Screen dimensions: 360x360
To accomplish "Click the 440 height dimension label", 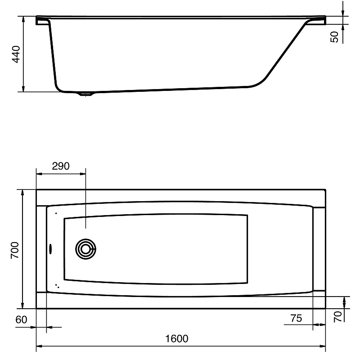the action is [x=16, y=54].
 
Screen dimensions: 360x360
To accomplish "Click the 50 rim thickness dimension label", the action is [x=334, y=37].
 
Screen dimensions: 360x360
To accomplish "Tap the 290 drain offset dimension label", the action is [x=61, y=166].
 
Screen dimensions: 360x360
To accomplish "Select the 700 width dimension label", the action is [x=15, y=250].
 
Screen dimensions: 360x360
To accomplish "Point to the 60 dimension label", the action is [x=21, y=319].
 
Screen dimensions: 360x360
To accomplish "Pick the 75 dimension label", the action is [x=296, y=318].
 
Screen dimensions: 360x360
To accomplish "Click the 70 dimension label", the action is [x=338, y=317].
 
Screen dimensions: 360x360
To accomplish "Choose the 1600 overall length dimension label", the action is [x=177, y=339].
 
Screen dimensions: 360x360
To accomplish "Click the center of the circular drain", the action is [x=85, y=249].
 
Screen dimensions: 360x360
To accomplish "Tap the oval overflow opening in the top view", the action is [x=51, y=249].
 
